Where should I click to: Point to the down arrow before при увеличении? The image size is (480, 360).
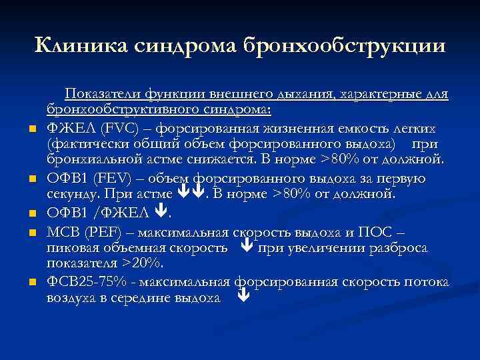point(245,248)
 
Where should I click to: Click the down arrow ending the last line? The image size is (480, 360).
point(243,299)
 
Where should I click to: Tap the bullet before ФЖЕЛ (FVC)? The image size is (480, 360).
point(32,128)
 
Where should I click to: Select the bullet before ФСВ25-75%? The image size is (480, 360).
point(32,283)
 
